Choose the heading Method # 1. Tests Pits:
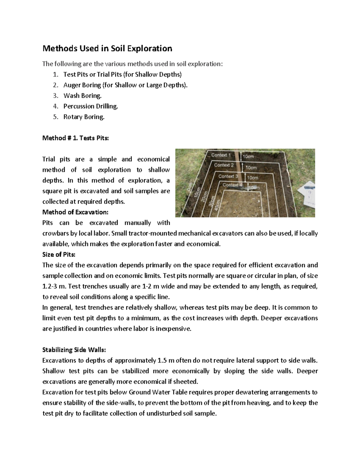point(76,138)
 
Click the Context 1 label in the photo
point(221,155)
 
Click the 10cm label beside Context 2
point(251,167)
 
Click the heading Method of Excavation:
point(75,212)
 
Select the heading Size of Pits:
point(59,254)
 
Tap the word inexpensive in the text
point(173,329)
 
